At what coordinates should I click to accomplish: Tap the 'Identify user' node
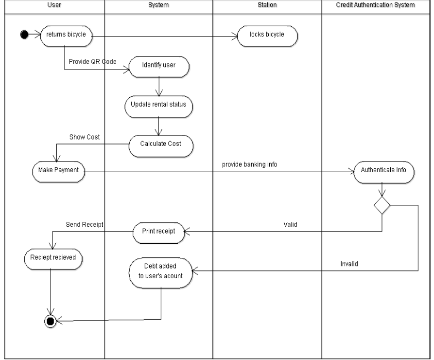(x=159, y=65)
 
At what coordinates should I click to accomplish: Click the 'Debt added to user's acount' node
(x=160, y=271)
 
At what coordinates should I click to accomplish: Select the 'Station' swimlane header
(x=267, y=5)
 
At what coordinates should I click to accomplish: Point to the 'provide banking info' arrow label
(x=249, y=164)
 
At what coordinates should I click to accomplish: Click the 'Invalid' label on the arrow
(x=348, y=263)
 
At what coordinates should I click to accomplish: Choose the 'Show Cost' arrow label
(x=85, y=137)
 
